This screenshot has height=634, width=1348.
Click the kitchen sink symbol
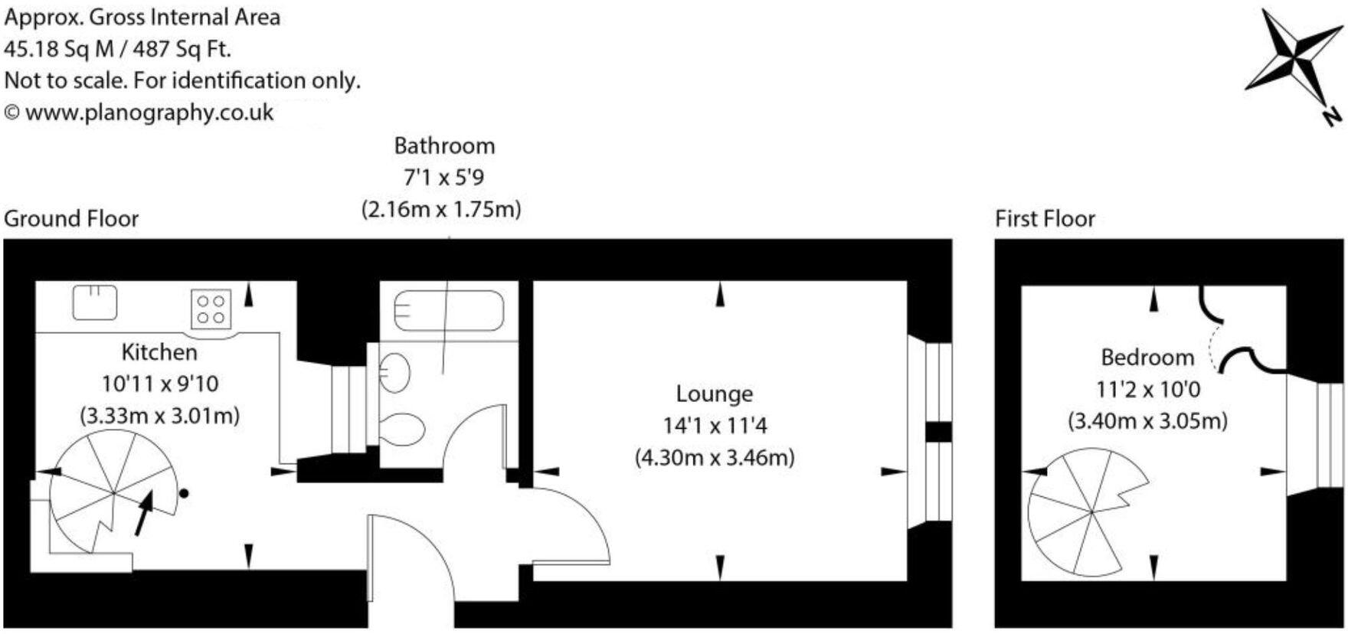pyautogui.click(x=95, y=302)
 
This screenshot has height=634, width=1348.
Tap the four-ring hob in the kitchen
pyautogui.click(x=211, y=309)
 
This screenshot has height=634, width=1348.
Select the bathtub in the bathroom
pyautogui.click(x=449, y=311)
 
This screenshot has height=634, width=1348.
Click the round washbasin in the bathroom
pyautogui.click(x=395, y=372)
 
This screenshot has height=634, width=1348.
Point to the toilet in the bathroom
pyautogui.click(x=403, y=430)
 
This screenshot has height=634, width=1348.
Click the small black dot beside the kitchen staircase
pyautogui.click(x=184, y=494)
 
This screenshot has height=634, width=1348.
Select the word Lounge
pyautogui.click(x=714, y=394)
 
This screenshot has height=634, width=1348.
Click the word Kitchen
pyautogui.click(x=159, y=352)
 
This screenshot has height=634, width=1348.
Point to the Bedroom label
pyautogui.click(x=1147, y=358)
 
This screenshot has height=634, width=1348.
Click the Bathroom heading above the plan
pyautogui.click(x=444, y=145)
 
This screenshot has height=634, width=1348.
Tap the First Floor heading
pyautogui.click(x=1045, y=219)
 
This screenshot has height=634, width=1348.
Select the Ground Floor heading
pyautogui.click(x=71, y=219)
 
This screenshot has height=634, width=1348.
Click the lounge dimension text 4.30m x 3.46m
pyautogui.click(x=714, y=458)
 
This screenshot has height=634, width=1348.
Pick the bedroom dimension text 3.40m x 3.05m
pyautogui.click(x=1147, y=421)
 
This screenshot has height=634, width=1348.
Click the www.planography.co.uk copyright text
pyautogui.click(x=149, y=113)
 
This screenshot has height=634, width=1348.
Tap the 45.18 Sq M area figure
pyautogui.click(x=58, y=49)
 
